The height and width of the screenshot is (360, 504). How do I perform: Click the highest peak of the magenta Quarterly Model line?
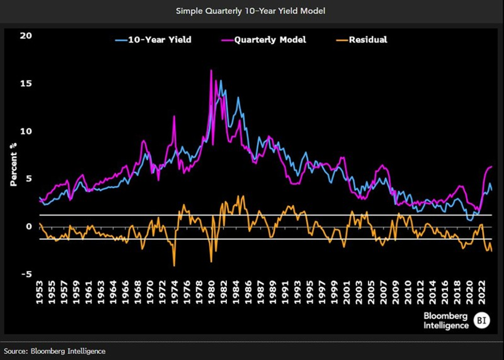point(211,70)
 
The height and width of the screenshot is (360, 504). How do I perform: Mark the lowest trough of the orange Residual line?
point(174,266)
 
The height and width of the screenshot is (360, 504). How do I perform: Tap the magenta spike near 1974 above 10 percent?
point(174,116)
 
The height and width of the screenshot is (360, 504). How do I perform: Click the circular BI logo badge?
point(482,321)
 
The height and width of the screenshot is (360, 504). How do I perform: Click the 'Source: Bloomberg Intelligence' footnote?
point(54,351)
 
